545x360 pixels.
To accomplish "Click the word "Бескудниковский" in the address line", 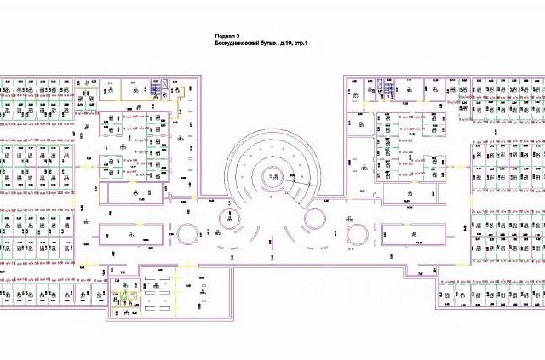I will point(239,42).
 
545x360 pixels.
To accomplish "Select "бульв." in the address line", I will point(274,42).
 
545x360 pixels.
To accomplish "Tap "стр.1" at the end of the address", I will point(301,42).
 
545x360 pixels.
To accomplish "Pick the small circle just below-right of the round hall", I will point(315,218).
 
